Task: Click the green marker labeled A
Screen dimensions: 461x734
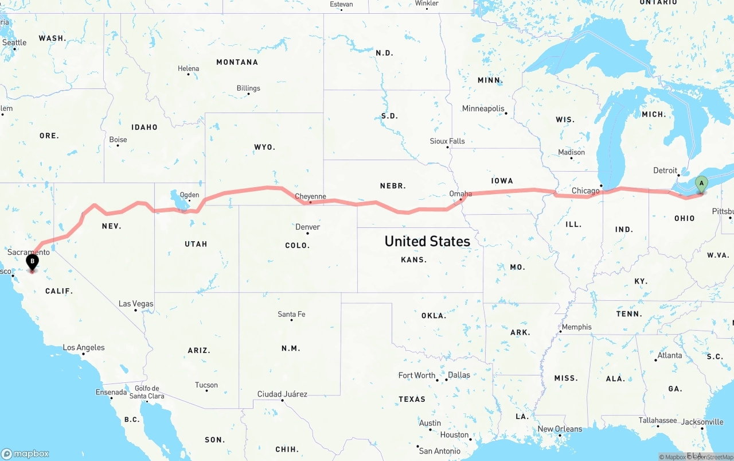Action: pos(701,184)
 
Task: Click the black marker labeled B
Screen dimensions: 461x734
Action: pos(33,262)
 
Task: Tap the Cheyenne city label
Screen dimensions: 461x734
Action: pos(310,196)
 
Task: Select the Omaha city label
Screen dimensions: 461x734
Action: pos(460,193)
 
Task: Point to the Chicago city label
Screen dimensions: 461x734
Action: pos(585,191)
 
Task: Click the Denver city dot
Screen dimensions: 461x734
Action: pos(308,233)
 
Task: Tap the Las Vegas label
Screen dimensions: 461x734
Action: pos(136,304)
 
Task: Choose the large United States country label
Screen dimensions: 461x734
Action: pos(427,241)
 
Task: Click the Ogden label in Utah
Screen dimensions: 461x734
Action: pos(189,195)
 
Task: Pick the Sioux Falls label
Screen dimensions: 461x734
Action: pos(447,141)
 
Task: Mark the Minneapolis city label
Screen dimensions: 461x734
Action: pos(483,109)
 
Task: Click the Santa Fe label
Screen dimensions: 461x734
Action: pos(291,314)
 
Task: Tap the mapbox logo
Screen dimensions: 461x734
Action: pos(25,454)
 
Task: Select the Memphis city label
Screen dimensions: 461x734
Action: pos(576,327)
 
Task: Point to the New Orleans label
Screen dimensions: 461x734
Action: pos(560,429)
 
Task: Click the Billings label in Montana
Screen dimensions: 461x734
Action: pos(248,88)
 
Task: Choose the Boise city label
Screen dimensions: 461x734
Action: pos(118,140)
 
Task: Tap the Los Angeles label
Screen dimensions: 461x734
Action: pos(84,347)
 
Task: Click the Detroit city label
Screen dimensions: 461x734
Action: pos(665,171)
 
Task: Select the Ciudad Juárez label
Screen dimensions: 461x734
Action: pos(282,394)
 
